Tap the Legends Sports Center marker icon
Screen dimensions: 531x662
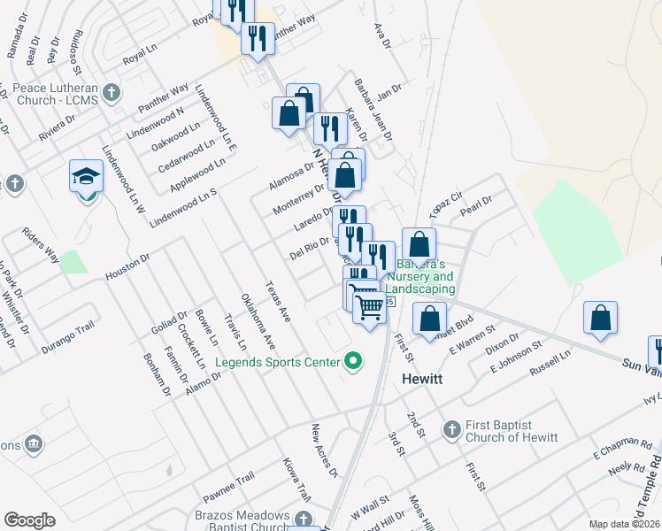click(354, 361)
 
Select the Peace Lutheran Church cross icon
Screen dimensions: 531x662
click(112, 91)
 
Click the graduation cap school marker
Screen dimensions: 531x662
click(86, 177)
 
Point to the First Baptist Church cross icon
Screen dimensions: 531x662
click(450, 429)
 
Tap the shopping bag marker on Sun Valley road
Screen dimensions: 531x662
click(600, 319)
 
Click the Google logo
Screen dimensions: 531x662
click(29, 520)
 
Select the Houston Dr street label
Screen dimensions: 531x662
click(129, 265)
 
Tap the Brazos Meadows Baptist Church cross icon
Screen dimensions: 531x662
click(304, 519)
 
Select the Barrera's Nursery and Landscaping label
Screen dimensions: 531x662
click(424, 276)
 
